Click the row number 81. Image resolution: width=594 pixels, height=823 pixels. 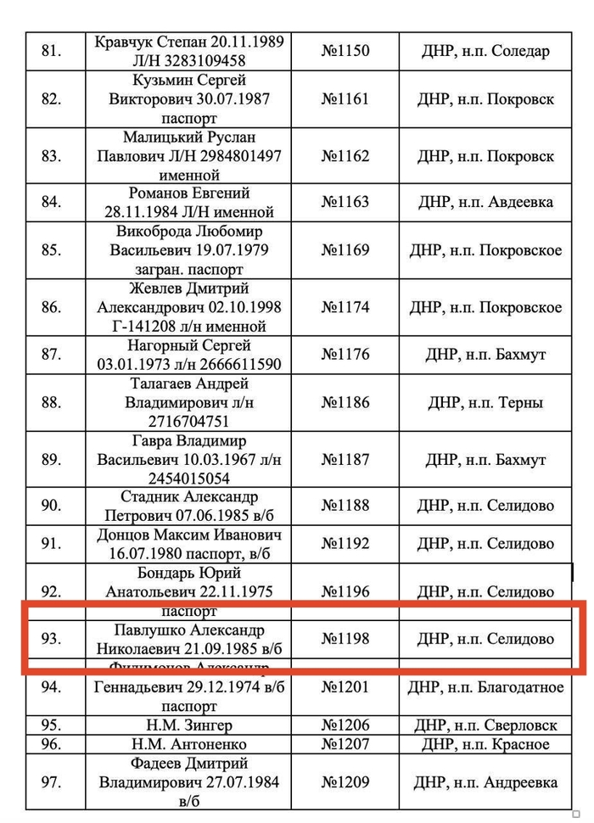51,51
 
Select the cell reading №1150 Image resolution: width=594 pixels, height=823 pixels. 345,51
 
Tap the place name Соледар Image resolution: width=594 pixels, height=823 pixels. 518,51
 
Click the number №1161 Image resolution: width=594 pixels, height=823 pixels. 345,98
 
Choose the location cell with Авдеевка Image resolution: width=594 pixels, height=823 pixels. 485,202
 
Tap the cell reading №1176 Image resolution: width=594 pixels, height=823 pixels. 345,355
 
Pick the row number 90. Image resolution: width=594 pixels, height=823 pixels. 51,506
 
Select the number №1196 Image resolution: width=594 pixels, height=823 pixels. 345,591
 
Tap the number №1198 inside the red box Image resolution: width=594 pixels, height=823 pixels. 345,639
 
